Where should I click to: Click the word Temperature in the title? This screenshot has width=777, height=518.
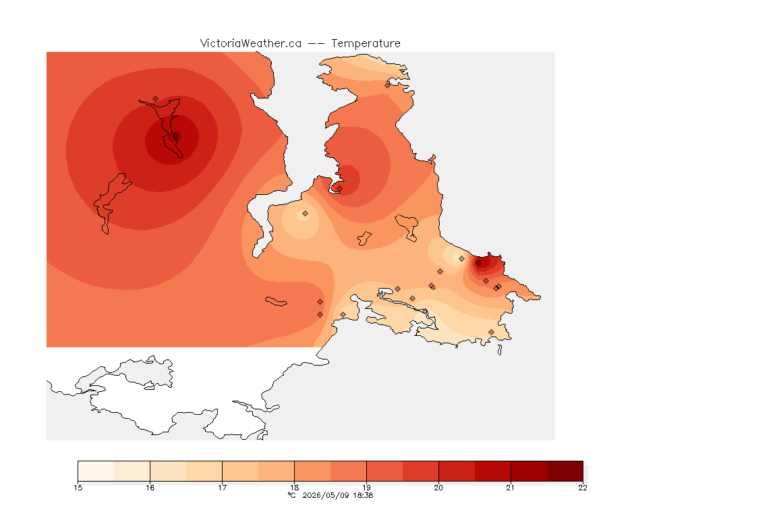point(366,44)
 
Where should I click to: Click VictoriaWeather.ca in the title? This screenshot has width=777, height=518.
point(251,44)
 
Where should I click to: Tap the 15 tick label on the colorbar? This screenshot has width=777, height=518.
point(78,488)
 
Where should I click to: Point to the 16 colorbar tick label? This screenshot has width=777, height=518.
point(150,488)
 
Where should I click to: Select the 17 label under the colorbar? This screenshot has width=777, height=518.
point(222,488)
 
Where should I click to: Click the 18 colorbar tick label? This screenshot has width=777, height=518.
point(294,488)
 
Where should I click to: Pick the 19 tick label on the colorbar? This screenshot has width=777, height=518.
point(366,488)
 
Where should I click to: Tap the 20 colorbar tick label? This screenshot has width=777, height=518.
point(438,488)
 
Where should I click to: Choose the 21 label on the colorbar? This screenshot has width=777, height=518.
point(511,488)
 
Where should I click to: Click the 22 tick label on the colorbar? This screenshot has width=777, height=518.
point(583,488)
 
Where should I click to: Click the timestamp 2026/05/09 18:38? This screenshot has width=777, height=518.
point(338,495)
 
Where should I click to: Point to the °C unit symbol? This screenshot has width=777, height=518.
point(292,495)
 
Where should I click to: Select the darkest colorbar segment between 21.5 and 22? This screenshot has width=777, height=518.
point(565,471)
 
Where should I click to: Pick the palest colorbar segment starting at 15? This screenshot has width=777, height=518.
point(96,471)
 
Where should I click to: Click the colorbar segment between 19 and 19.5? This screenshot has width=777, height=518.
point(384,471)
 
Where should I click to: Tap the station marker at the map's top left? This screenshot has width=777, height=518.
point(156,99)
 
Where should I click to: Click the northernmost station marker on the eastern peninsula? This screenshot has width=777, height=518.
point(388,85)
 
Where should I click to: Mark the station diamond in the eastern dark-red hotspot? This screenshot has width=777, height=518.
point(478,263)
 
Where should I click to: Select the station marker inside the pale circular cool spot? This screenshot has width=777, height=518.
point(306,214)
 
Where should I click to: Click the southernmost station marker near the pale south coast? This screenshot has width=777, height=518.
point(491,333)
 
